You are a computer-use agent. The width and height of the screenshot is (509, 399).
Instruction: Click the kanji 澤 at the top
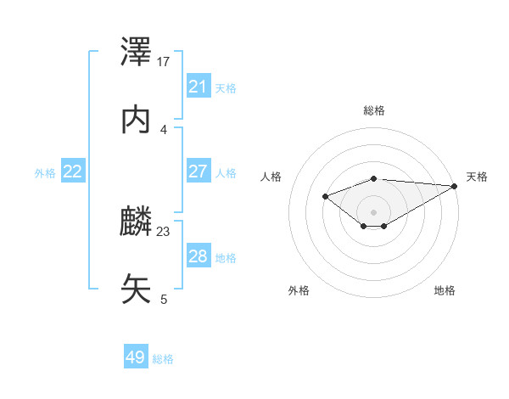(137, 53)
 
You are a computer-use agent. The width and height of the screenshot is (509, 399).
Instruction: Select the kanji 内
(137, 121)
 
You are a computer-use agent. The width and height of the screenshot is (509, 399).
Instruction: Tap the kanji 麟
(137, 222)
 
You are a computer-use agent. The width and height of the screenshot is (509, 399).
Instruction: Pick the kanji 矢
(137, 289)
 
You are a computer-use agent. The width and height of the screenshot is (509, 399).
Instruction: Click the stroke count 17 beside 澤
(164, 62)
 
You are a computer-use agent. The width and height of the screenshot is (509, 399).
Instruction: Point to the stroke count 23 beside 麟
(164, 231)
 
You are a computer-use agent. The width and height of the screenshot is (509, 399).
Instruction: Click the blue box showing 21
(199, 87)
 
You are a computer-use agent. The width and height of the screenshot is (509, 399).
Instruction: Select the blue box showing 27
(199, 171)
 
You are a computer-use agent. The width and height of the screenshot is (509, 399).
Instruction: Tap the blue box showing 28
(199, 256)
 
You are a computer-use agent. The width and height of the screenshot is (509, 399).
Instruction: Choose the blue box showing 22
(73, 171)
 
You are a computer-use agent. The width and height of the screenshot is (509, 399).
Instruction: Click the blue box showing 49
(136, 358)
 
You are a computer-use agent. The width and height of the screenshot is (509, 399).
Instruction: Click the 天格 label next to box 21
(226, 87)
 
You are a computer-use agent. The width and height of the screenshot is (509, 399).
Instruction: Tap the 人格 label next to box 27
(226, 172)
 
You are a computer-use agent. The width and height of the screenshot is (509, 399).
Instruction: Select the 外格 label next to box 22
(45, 172)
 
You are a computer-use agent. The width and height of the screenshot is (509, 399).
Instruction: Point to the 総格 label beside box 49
(163, 359)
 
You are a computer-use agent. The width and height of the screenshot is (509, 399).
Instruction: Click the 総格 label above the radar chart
(374, 110)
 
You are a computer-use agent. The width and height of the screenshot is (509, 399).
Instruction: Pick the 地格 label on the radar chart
(445, 291)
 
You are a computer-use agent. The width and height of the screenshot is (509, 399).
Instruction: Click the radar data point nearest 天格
(456, 186)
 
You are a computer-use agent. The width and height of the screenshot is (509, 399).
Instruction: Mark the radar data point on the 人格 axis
(325, 196)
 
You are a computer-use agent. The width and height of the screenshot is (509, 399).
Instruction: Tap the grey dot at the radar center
(374, 211)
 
